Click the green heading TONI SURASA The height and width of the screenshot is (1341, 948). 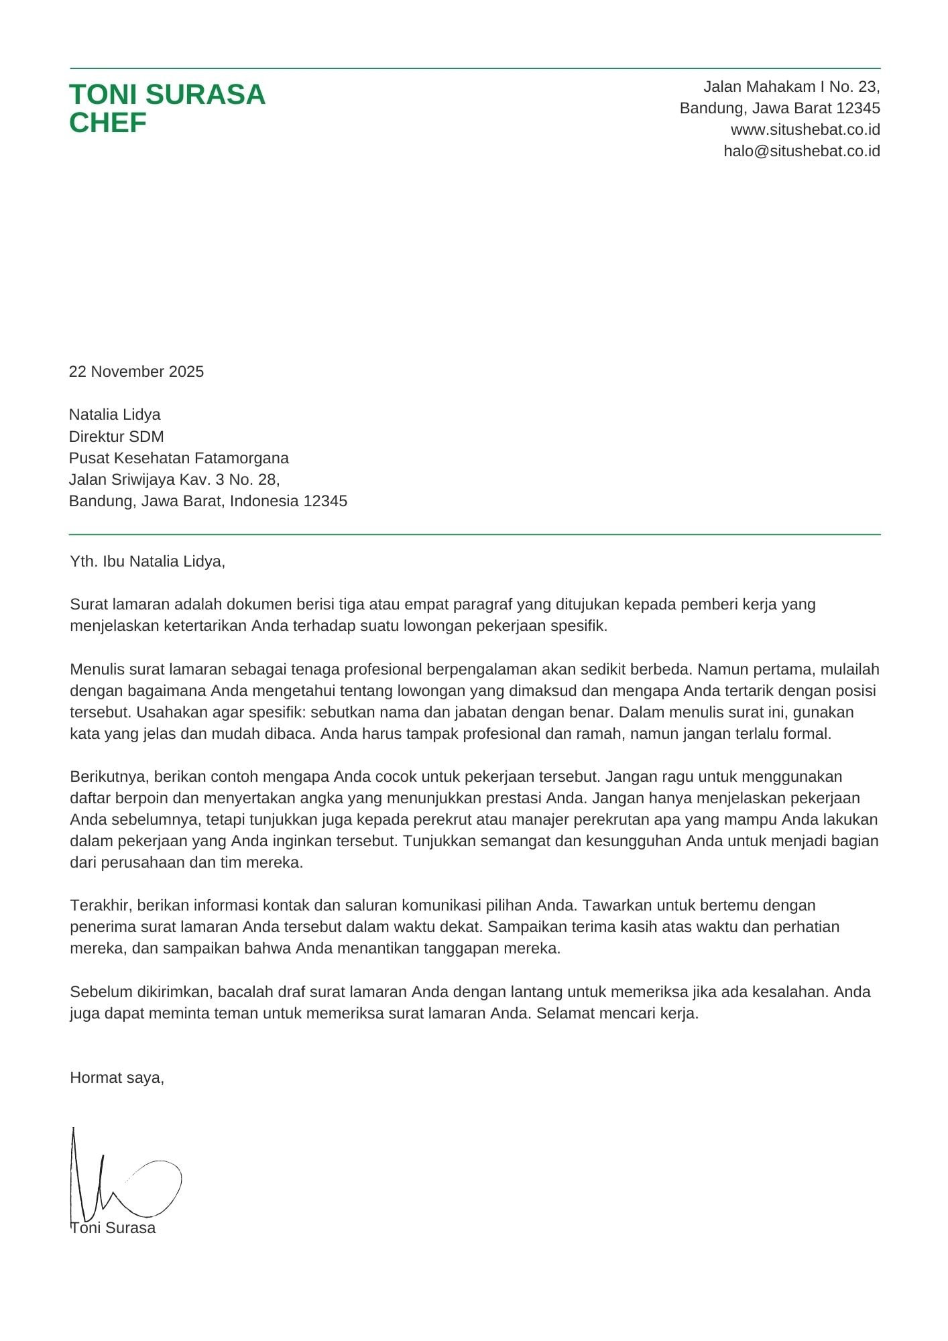pyautogui.click(x=167, y=95)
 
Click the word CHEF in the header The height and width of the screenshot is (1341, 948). pyautogui.click(x=107, y=123)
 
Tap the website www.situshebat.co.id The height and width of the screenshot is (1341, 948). pyautogui.click(x=805, y=129)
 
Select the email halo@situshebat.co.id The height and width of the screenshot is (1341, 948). pyautogui.click(x=801, y=151)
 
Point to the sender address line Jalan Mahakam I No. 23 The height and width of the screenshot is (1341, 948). pyautogui.click(x=791, y=86)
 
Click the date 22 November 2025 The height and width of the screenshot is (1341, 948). pyautogui.click(x=136, y=371)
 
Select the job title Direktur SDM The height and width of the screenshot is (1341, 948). pyautogui.click(x=116, y=436)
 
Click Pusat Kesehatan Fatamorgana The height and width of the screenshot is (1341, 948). pyautogui.click(x=178, y=458)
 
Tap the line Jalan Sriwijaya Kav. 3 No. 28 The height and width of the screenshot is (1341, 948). pyautogui.click(x=174, y=479)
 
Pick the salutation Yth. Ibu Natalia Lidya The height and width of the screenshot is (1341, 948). pyautogui.click(x=147, y=561)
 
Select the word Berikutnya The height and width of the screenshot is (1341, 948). pyautogui.click(x=111, y=776)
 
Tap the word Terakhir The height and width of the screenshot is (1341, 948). pyautogui.click(x=101, y=905)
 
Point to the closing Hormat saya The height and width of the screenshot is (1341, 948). pyautogui.click(x=117, y=1077)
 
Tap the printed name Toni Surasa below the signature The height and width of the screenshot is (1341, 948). pyautogui.click(x=114, y=1228)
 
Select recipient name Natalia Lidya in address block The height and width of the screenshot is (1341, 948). pyautogui.click(x=115, y=414)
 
